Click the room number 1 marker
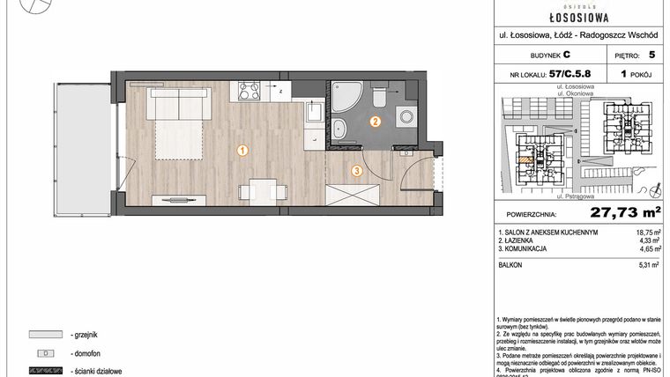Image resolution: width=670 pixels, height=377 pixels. [242, 151]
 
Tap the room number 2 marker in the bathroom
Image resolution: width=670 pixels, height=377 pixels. [375, 122]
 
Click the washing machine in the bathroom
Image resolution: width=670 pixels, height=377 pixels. [406, 116]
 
